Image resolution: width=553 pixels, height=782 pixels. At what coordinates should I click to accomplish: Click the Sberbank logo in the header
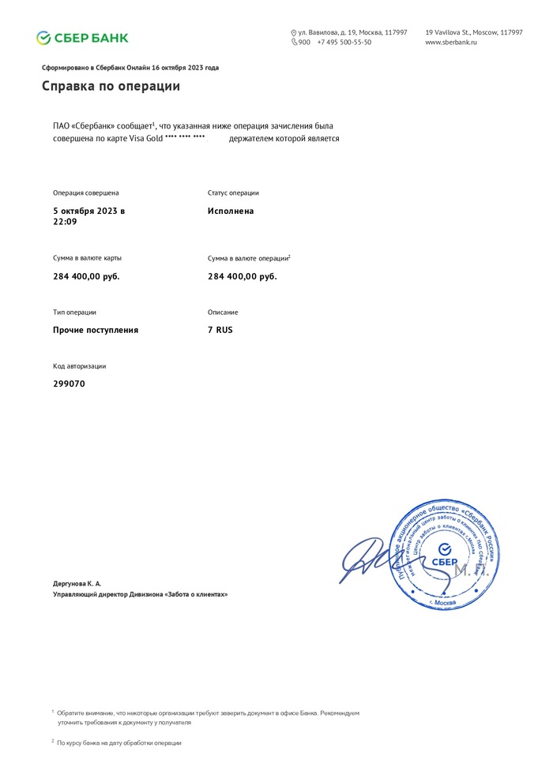pyautogui.click(x=82, y=38)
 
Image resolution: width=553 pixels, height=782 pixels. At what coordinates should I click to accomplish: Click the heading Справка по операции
pyautogui.click(x=111, y=86)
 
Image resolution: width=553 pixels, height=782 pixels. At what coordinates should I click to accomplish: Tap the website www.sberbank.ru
pyautogui.click(x=451, y=42)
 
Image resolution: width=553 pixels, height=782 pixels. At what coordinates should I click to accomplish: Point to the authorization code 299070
pyautogui.click(x=69, y=384)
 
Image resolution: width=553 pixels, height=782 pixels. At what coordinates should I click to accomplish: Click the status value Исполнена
pyautogui.click(x=231, y=211)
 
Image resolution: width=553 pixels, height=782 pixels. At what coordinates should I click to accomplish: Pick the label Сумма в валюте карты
pyautogui.click(x=87, y=258)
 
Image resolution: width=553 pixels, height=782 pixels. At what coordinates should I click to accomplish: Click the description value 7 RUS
pyautogui.click(x=220, y=330)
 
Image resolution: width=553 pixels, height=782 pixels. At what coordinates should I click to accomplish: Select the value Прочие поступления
pyautogui.click(x=96, y=330)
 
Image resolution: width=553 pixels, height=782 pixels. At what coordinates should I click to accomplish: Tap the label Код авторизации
pyautogui.click(x=79, y=366)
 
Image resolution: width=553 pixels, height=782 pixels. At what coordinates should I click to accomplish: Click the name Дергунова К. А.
pyautogui.click(x=77, y=583)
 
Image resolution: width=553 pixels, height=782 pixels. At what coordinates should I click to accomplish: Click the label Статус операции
pyautogui.click(x=233, y=193)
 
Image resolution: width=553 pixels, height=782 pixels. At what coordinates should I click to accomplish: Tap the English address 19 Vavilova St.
pyautogui.click(x=474, y=32)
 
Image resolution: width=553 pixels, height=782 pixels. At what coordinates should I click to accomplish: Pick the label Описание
pyautogui.click(x=223, y=312)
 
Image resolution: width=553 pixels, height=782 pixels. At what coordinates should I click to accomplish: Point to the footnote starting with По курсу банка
pyautogui.click(x=119, y=743)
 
